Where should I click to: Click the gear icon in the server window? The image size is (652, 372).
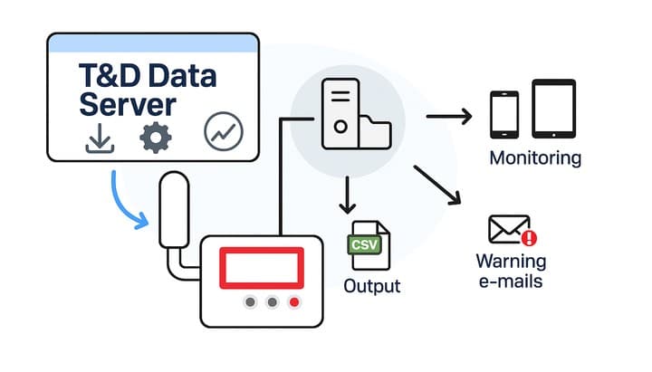pyautogui.click(x=155, y=137)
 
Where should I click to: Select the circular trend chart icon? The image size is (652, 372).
pyautogui.click(x=224, y=131)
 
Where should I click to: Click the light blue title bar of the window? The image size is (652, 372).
pyautogui.click(x=153, y=43)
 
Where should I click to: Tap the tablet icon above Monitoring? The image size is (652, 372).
pyautogui.click(x=554, y=110)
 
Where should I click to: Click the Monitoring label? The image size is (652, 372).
pyautogui.click(x=534, y=158)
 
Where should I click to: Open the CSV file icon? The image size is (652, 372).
pyautogui.click(x=369, y=245)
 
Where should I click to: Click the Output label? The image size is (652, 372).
pyautogui.click(x=371, y=287)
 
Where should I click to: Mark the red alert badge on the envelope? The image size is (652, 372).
pyautogui.click(x=530, y=238)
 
